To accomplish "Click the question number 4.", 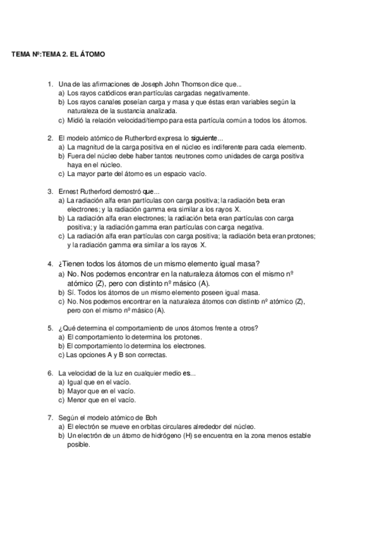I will tap(50, 264).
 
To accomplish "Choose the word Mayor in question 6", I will tap(77, 391).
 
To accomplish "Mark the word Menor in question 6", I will tap(77, 399).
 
